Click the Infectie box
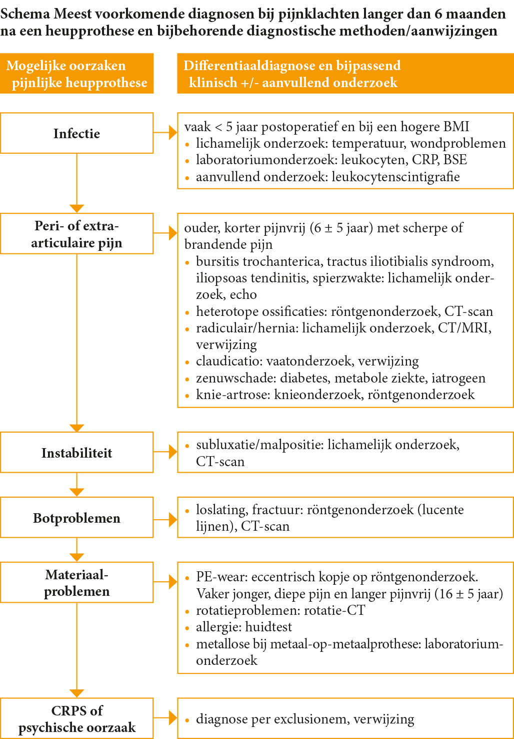tap(76, 133)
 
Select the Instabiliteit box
tap(76, 453)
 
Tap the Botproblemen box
tap(76, 518)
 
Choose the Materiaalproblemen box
tap(76, 582)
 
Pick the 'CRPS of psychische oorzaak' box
tap(76, 718)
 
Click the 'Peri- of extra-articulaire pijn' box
tap(76, 234)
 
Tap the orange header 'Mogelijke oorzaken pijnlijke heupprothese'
tap(76, 74)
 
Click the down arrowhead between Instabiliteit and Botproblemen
tap(76, 492)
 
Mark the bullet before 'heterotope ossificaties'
tap(187, 312)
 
